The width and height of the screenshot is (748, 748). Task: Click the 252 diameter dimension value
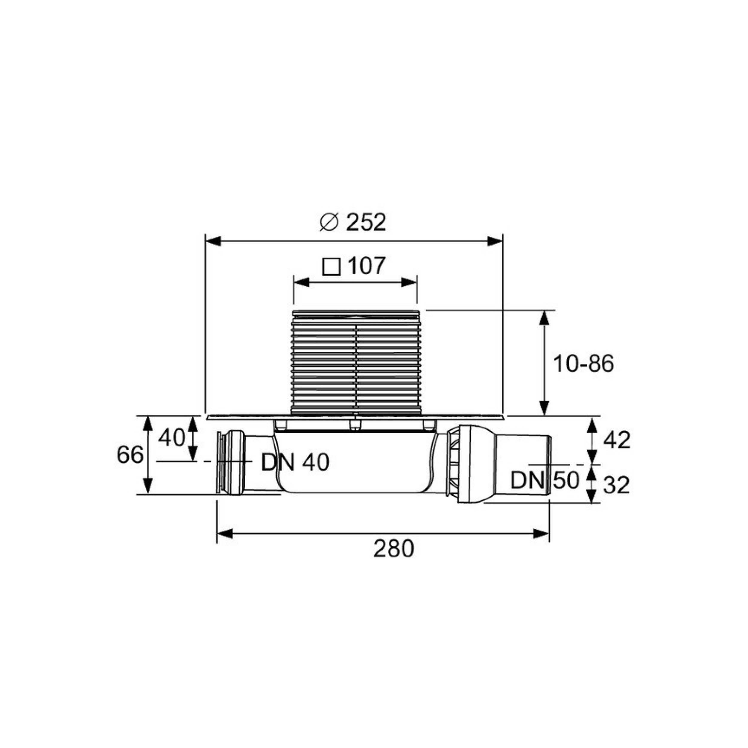[x=366, y=223]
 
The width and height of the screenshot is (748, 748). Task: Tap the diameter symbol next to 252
[x=329, y=223]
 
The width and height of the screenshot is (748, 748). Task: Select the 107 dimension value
[x=366, y=266]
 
